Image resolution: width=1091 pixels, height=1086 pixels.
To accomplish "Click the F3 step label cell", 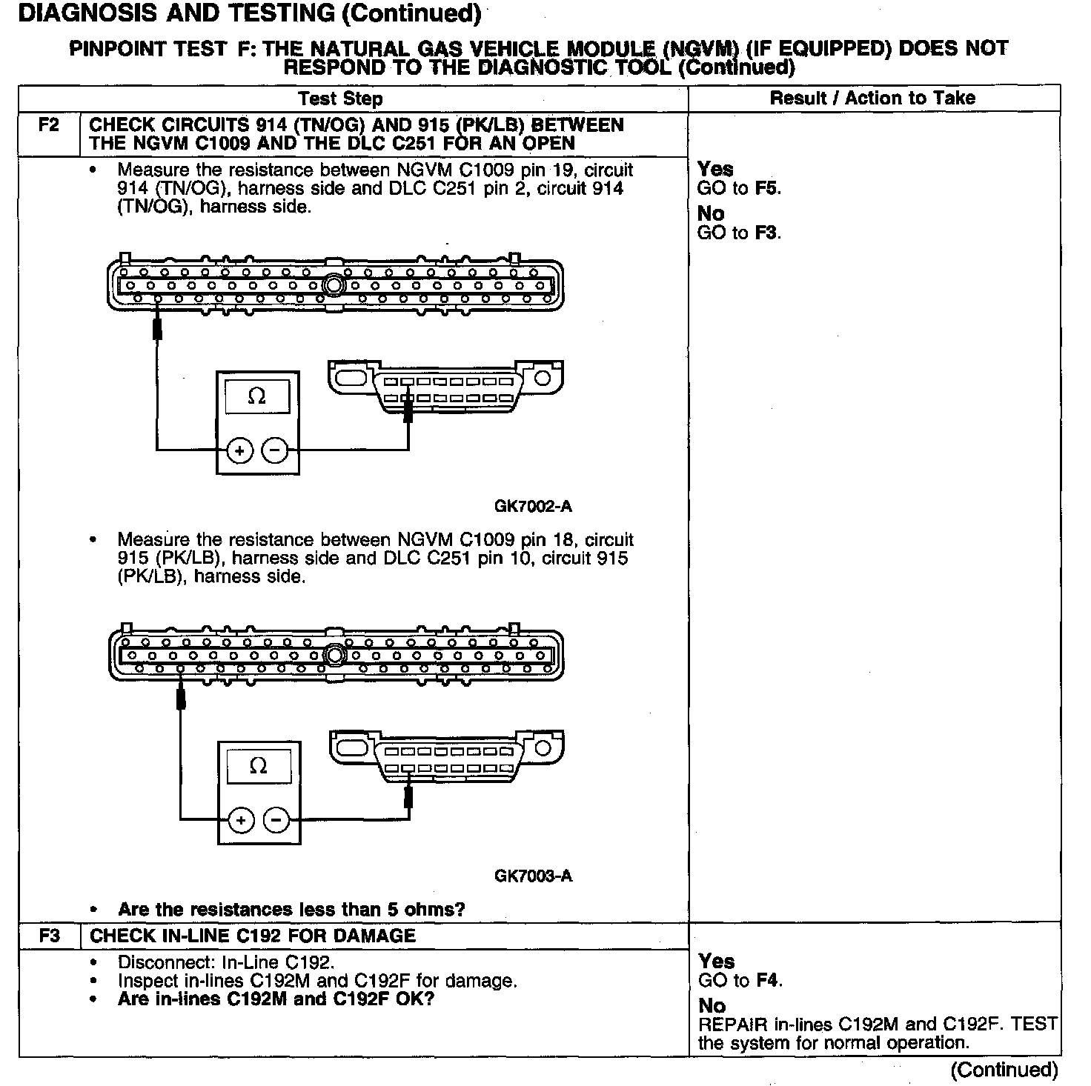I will click(x=49, y=936).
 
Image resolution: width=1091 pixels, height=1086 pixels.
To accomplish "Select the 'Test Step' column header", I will click(x=340, y=99).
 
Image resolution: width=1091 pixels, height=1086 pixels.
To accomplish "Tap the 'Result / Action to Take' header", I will click(x=872, y=98).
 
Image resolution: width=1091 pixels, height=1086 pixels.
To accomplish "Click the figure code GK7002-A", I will click(x=533, y=507).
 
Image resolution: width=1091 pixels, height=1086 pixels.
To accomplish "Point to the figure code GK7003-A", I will click(x=533, y=876).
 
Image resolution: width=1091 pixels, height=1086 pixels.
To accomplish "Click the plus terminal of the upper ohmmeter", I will click(x=239, y=450).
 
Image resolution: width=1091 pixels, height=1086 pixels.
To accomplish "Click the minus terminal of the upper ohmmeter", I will click(x=275, y=450).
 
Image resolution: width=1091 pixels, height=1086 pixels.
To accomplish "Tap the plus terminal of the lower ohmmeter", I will click(x=241, y=820).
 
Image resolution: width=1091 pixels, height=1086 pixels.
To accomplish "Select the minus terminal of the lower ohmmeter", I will click(x=276, y=820).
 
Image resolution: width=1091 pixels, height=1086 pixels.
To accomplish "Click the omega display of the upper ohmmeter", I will click(x=257, y=397).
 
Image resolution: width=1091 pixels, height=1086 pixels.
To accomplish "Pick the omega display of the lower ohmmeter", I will click(x=259, y=766).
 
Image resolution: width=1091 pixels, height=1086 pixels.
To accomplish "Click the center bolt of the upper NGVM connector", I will click(x=334, y=285).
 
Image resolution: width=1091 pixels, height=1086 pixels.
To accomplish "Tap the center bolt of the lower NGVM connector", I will click(x=336, y=655).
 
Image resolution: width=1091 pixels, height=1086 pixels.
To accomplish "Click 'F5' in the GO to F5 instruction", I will click(x=768, y=188).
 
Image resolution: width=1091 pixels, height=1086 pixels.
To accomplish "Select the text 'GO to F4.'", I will click(x=740, y=981).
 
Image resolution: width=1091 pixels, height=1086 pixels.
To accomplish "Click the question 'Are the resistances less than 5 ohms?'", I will click(x=291, y=909).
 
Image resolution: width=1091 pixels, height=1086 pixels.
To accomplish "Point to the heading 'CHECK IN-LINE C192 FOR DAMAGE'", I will click(x=253, y=936).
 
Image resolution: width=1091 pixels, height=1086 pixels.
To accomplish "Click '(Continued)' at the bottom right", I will click(x=1004, y=1070).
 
